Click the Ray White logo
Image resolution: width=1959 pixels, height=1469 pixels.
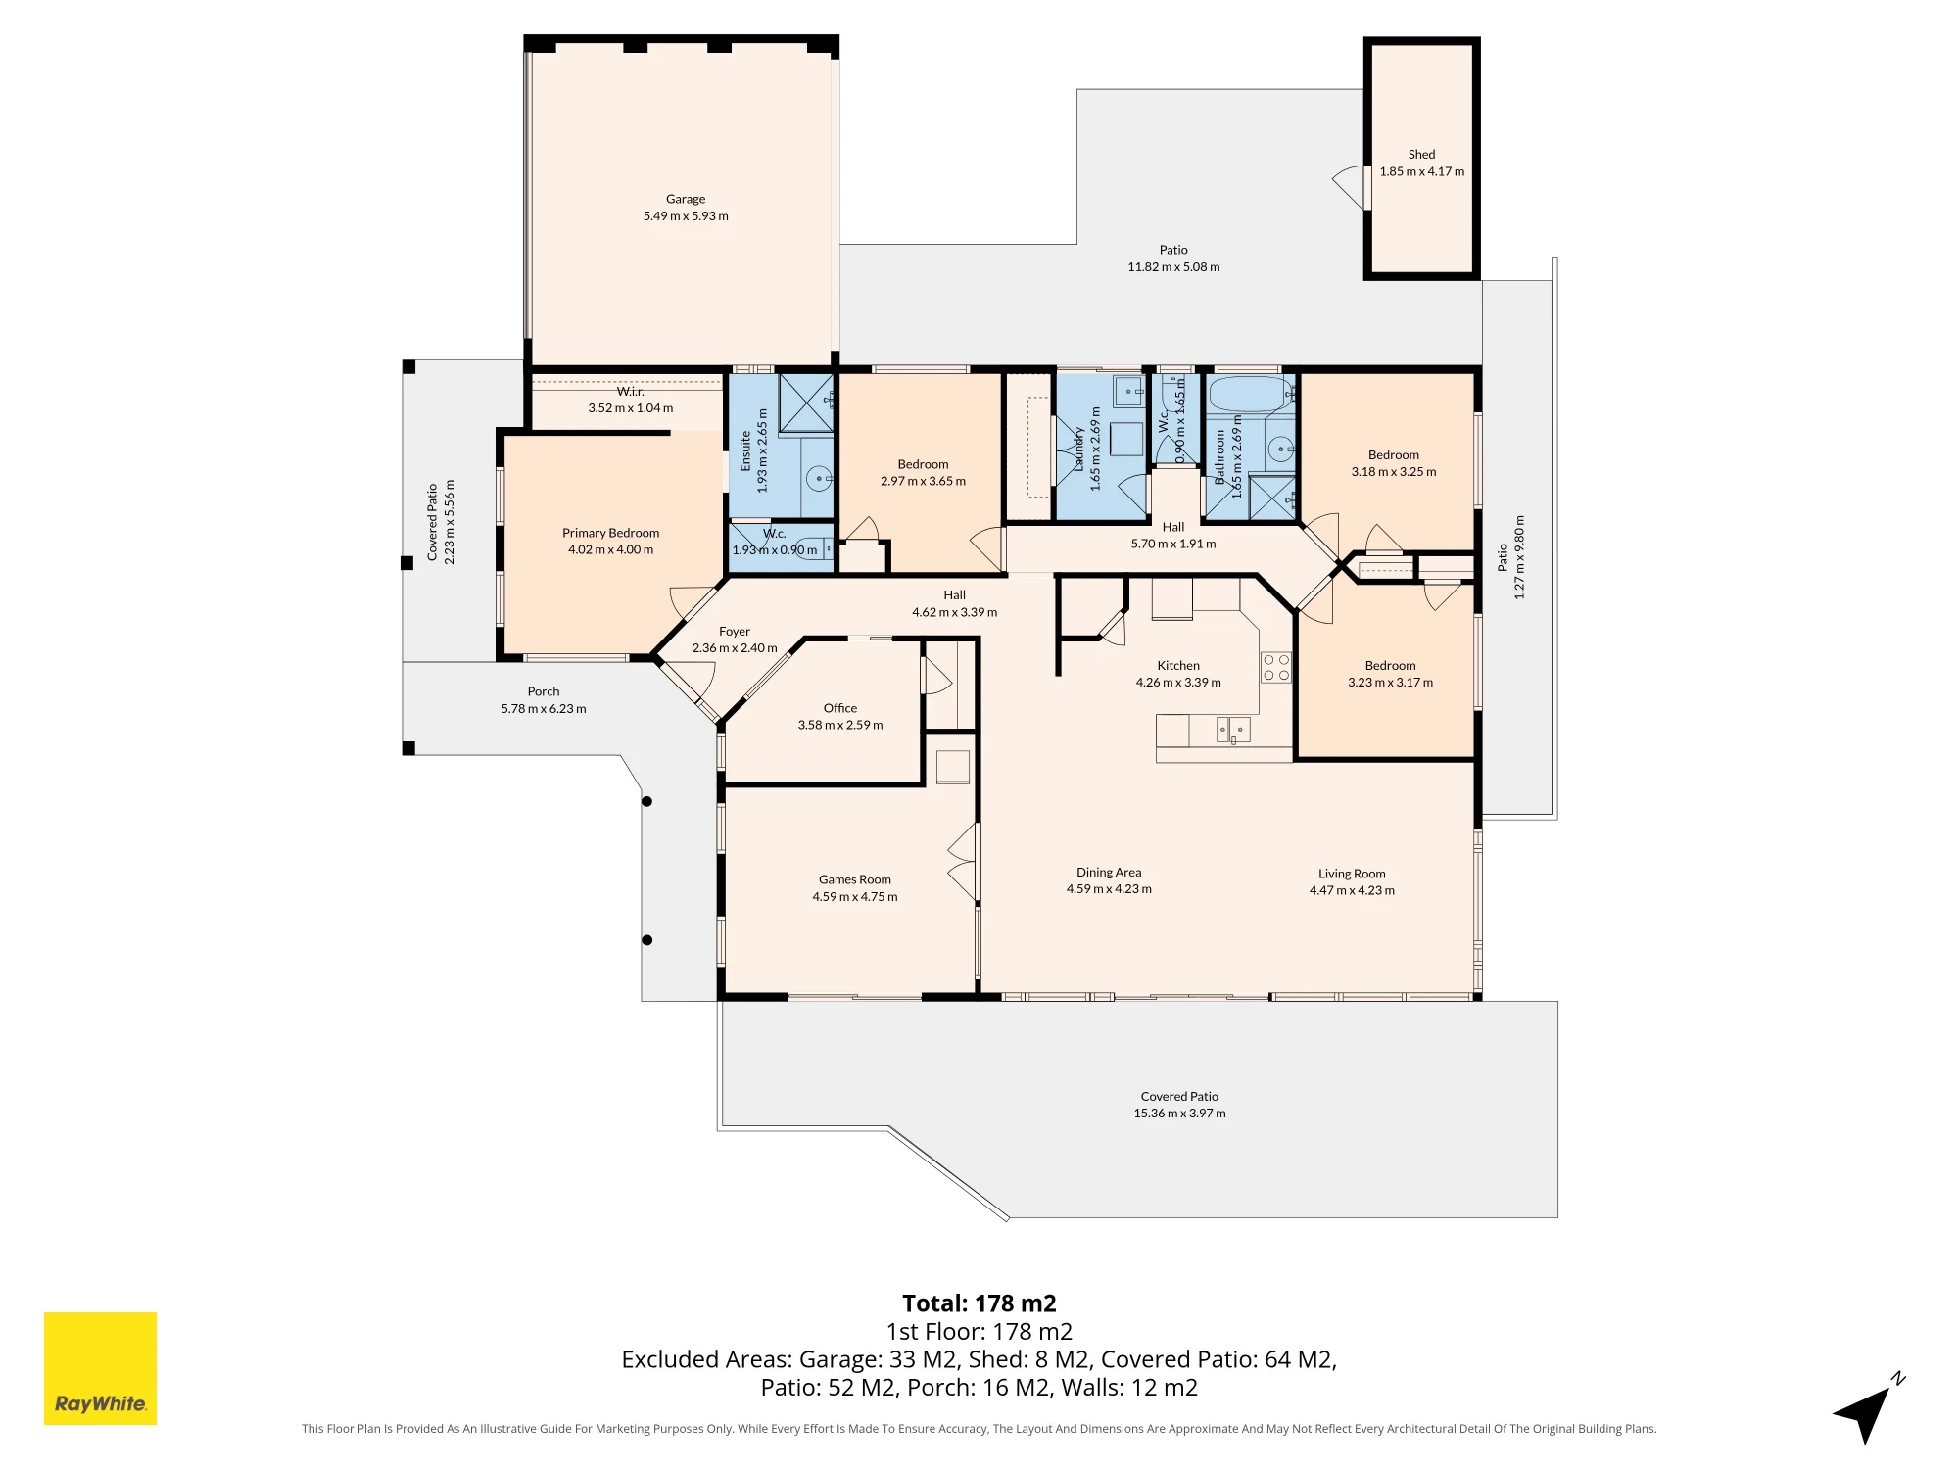(x=100, y=1368)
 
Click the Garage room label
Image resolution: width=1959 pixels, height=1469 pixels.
(x=686, y=199)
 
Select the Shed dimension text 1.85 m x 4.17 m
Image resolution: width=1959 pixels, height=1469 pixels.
(x=1422, y=171)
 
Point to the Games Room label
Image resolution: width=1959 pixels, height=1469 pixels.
(x=855, y=879)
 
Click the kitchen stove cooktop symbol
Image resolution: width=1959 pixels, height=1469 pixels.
(x=1276, y=667)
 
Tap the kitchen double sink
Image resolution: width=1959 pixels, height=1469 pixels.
(x=1233, y=730)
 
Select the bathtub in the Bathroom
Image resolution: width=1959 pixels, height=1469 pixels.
(x=1252, y=395)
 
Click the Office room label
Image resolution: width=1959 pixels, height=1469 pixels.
(x=840, y=708)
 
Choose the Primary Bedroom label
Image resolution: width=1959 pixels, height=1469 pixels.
(x=610, y=533)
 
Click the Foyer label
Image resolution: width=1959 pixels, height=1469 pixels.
(x=735, y=632)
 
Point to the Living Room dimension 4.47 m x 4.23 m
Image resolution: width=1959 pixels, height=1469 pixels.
(x=1352, y=890)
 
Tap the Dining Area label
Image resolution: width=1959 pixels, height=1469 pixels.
(x=1109, y=872)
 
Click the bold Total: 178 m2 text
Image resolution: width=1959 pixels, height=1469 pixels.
(x=979, y=1303)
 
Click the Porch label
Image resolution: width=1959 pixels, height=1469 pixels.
(x=544, y=691)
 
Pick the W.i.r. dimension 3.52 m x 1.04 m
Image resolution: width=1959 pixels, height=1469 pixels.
(x=631, y=408)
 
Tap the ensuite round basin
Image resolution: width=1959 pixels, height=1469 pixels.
(x=818, y=479)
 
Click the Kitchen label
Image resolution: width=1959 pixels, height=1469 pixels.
(x=1178, y=665)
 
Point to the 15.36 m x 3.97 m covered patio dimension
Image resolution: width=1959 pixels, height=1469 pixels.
(x=1179, y=1114)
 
